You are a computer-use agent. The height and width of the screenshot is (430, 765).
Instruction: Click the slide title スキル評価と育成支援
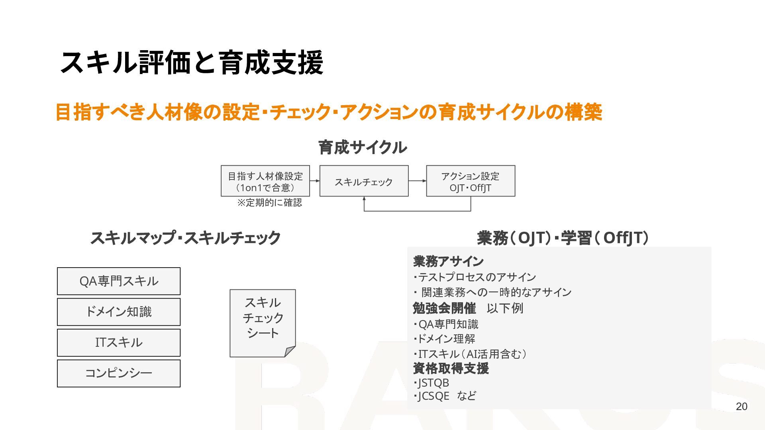191,63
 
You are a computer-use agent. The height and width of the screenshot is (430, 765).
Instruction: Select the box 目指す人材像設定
265,181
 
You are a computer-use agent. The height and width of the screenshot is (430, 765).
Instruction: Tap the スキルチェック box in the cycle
364,181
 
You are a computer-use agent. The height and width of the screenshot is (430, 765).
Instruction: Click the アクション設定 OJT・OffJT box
471,181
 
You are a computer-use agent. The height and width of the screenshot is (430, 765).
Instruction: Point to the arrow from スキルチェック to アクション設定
417,181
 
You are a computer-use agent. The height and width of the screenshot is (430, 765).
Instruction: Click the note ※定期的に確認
270,203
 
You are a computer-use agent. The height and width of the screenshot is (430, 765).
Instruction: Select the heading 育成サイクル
363,147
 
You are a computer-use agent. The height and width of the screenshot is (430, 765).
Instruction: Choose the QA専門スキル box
119,281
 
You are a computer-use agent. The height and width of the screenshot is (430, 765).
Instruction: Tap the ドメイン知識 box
119,312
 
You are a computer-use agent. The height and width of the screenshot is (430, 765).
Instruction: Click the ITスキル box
119,342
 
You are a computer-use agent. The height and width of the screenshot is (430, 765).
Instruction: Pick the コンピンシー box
119,373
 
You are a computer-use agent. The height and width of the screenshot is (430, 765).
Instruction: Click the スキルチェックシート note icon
263,322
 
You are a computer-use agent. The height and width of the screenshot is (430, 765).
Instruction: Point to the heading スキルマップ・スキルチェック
185,238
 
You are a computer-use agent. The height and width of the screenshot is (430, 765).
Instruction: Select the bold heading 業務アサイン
448,262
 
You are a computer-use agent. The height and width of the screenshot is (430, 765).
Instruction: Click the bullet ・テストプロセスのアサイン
475,277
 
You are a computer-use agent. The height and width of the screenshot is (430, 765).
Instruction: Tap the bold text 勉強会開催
444,308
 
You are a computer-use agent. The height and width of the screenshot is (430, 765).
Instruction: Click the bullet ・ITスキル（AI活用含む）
470,354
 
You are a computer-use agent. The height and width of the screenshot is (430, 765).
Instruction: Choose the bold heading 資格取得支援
451,368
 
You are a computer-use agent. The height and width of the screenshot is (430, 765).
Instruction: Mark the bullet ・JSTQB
432,383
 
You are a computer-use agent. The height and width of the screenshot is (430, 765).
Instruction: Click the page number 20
741,407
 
